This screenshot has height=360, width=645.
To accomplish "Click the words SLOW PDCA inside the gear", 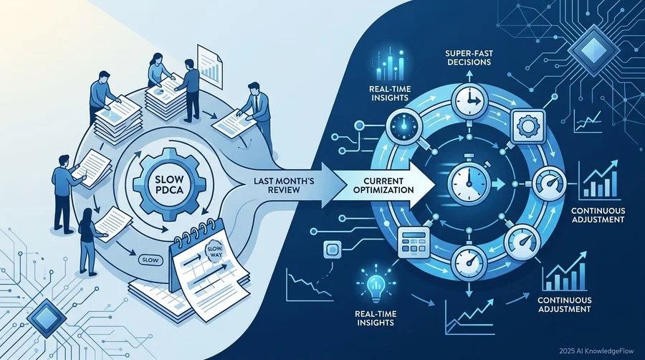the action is pyautogui.click(x=168, y=185).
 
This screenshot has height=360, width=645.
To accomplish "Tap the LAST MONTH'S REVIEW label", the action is pyautogui.click(x=276, y=185).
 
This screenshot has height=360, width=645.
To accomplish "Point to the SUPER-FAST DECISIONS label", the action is pyautogui.click(x=469, y=57).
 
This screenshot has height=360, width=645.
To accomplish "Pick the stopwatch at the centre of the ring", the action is pyautogui.click(x=469, y=180).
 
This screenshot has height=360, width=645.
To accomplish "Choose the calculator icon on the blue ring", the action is pyautogui.click(x=414, y=242).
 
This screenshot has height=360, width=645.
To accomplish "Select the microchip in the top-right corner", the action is pyautogui.click(x=593, y=49).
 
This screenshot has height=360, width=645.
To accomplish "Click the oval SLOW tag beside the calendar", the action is pyautogui.click(x=149, y=260).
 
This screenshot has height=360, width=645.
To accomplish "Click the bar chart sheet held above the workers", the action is pyautogui.click(x=210, y=62).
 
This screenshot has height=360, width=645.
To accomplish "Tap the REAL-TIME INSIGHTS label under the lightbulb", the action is pyautogui.click(x=376, y=318).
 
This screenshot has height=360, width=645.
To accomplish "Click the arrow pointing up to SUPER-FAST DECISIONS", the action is pyautogui.click(x=469, y=76).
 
